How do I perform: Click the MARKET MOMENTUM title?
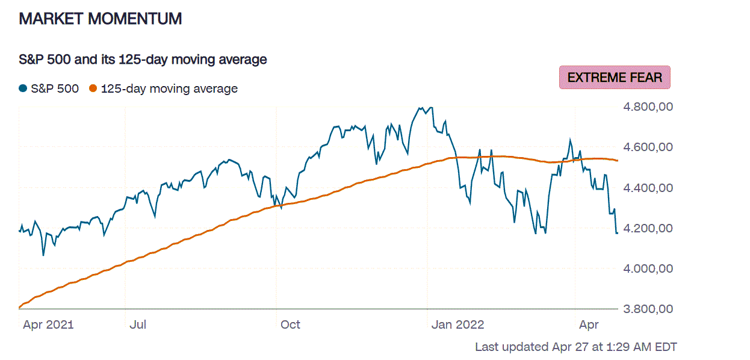[x=100, y=19]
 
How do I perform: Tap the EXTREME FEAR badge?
[x=615, y=78]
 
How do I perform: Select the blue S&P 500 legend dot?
[x=23, y=88]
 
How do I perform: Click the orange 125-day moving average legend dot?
[x=93, y=88]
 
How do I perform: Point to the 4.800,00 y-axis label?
[x=647, y=107]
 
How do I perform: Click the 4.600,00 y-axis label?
[x=647, y=147]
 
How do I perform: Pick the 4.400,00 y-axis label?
[x=647, y=188]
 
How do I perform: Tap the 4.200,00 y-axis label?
[x=647, y=228]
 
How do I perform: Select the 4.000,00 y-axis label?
[x=647, y=268]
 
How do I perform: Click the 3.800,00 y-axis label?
[x=647, y=309]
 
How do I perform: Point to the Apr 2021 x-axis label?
[x=48, y=325]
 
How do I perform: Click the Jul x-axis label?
[x=138, y=325]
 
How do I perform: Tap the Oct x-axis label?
[x=290, y=325]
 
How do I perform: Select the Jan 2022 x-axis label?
[x=457, y=325]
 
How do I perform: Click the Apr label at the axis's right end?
[x=589, y=325]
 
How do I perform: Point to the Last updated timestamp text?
[x=576, y=347]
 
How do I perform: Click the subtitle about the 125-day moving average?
[x=143, y=60]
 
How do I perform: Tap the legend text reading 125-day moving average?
[x=169, y=88]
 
